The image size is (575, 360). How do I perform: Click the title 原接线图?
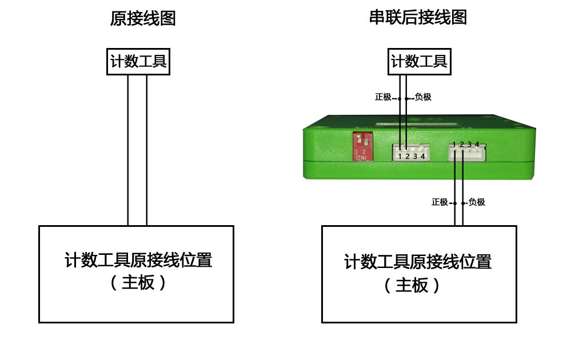click(x=143, y=18)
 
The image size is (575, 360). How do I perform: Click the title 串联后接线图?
click(x=418, y=17)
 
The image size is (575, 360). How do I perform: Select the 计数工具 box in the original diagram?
click(x=138, y=62)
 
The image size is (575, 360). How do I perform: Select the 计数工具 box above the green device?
click(x=420, y=61)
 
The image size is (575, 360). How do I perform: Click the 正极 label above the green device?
click(x=383, y=97)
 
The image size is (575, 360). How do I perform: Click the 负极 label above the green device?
click(x=423, y=97)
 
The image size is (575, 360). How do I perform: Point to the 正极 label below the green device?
click(x=440, y=202)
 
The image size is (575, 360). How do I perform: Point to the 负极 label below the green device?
click(x=477, y=202)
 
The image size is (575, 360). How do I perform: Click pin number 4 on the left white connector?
click(x=423, y=157)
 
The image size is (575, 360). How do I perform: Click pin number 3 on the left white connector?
click(x=415, y=157)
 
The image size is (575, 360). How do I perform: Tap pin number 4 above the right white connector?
click(x=477, y=145)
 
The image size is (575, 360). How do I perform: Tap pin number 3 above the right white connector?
click(x=469, y=145)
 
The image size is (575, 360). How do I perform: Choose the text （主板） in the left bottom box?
click(x=138, y=282)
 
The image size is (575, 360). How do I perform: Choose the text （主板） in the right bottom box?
click(x=412, y=285)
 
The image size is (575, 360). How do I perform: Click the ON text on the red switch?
click(x=361, y=158)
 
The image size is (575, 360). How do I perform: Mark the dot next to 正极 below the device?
click(x=455, y=203)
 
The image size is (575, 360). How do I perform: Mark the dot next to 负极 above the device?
click(x=406, y=99)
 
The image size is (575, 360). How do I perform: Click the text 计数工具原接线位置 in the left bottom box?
click(x=138, y=260)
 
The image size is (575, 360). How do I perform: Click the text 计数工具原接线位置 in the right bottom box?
click(x=418, y=262)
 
